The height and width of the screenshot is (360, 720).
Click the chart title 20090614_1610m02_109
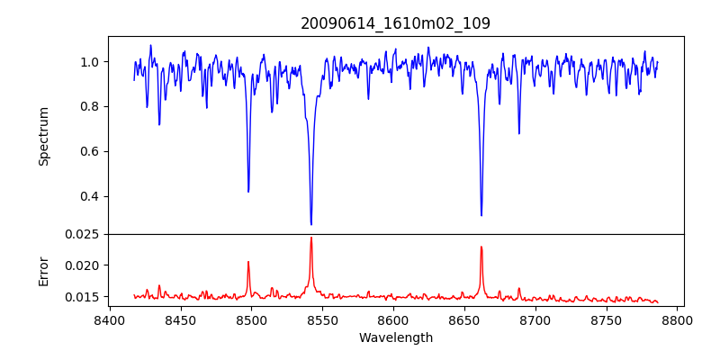[395, 23]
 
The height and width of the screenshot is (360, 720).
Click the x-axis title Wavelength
[395, 337]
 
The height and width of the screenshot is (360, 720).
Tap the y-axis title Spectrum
[43, 136]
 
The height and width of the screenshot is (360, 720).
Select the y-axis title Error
[43, 270]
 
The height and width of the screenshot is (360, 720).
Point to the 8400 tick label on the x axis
[109, 319]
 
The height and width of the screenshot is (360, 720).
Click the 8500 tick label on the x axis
[251, 319]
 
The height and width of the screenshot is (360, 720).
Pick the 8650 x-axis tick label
[464, 319]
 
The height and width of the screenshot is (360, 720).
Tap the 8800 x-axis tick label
[678, 319]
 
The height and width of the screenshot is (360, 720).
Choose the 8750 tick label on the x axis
[607, 319]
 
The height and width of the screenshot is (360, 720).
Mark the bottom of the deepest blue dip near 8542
[311, 224]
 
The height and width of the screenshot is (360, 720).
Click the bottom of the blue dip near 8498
[248, 191]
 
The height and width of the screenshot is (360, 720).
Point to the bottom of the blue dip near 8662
[481, 215]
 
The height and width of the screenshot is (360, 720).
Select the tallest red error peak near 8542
[311, 238]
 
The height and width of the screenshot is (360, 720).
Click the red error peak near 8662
[481, 247]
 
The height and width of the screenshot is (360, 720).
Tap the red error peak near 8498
[248, 262]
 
